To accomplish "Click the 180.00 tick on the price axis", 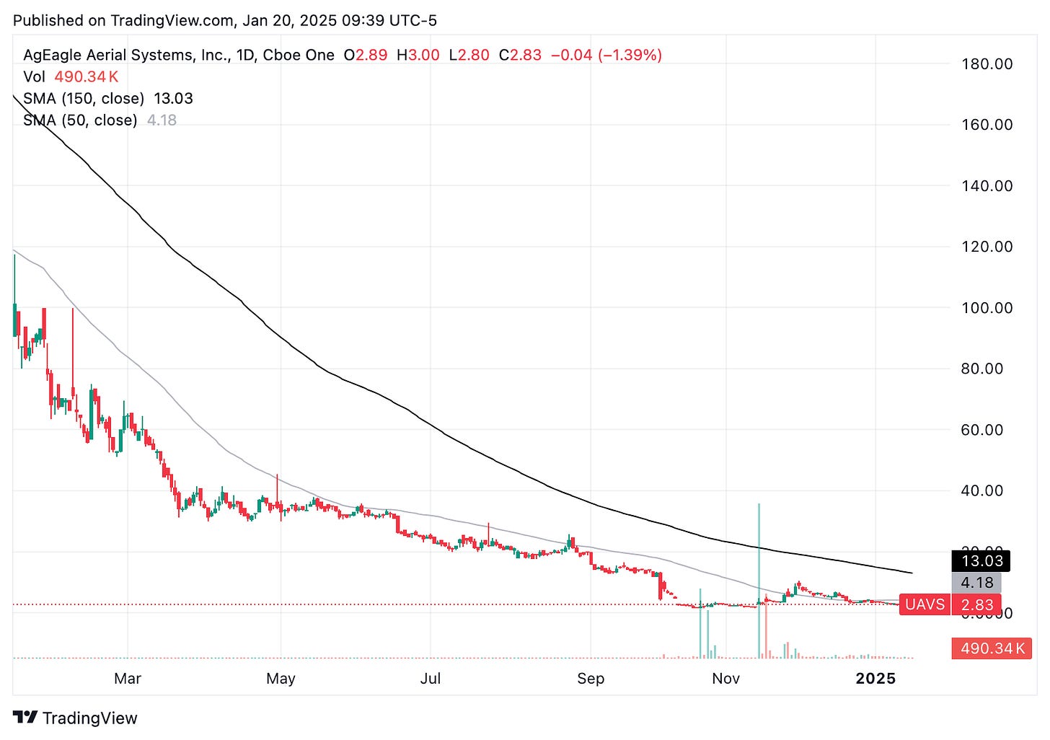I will (x=987, y=64).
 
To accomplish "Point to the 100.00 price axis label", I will (x=987, y=308).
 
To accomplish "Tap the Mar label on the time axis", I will (x=128, y=679).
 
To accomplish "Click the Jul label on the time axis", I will (x=431, y=679).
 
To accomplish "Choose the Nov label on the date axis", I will (x=725, y=679).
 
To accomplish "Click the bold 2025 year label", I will (x=875, y=679).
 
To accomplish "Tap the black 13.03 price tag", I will (x=981, y=561).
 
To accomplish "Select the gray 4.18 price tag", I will (x=976, y=583).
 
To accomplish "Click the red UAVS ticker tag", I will (x=925, y=604).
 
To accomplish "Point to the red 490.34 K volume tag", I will (x=992, y=648).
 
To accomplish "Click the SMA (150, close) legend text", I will (x=84, y=99).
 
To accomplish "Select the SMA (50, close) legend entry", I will (x=80, y=120).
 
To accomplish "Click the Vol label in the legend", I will (x=34, y=77).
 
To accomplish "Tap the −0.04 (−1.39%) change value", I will (x=606, y=56).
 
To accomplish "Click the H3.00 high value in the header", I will (x=418, y=56).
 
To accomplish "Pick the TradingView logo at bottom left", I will (x=75, y=718).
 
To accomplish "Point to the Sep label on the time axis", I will (x=591, y=679).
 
